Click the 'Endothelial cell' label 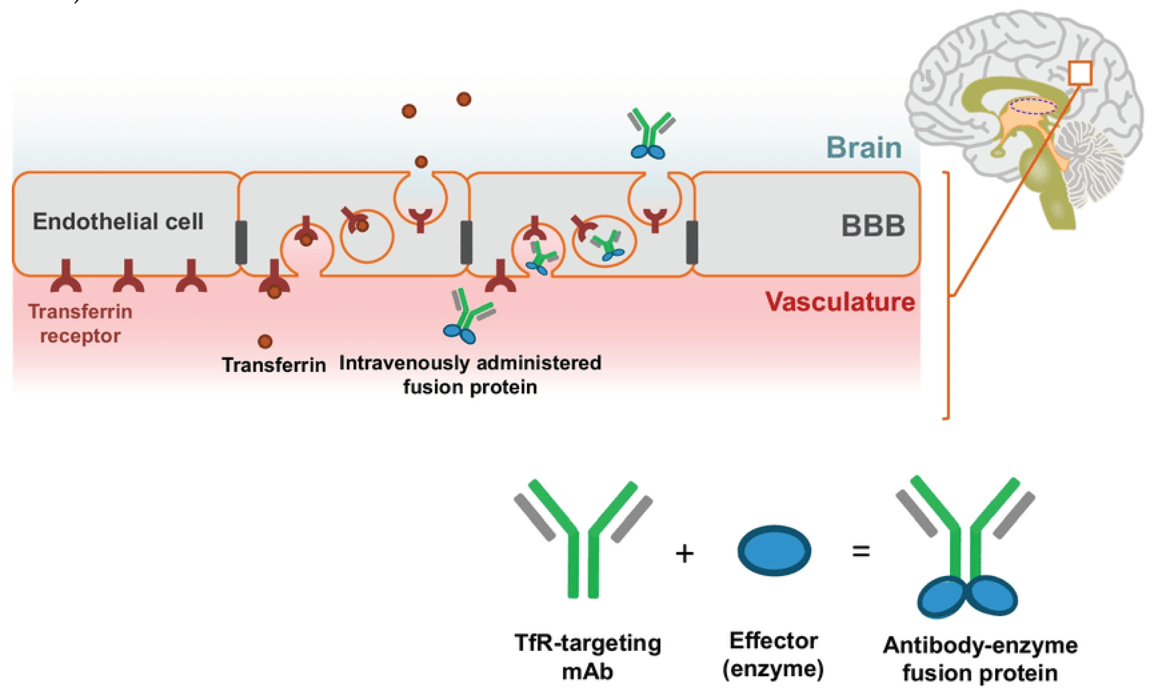pyautogui.click(x=118, y=221)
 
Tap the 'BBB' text pyautogui.click(x=873, y=226)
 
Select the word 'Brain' pyautogui.click(x=864, y=147)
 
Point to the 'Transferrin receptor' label pyautogui.click(x=80, y=324)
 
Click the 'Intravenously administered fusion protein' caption pyautogui.click(x=470, y=375)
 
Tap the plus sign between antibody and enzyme pyautogui.click(x=685, y=554)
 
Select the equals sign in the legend pyautogui.click(x=861, y=551)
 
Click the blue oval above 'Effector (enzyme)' pyautogui.click(x=774, y=550)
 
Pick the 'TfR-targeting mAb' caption pyautogui.click(x=587, y=657)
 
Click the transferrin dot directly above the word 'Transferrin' pyautogui.click(x=265, y=341)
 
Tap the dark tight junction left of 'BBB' pyautogui.click(x=692, y=243)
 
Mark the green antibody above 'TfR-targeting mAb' pyautogui.click(x=583, y=539)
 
